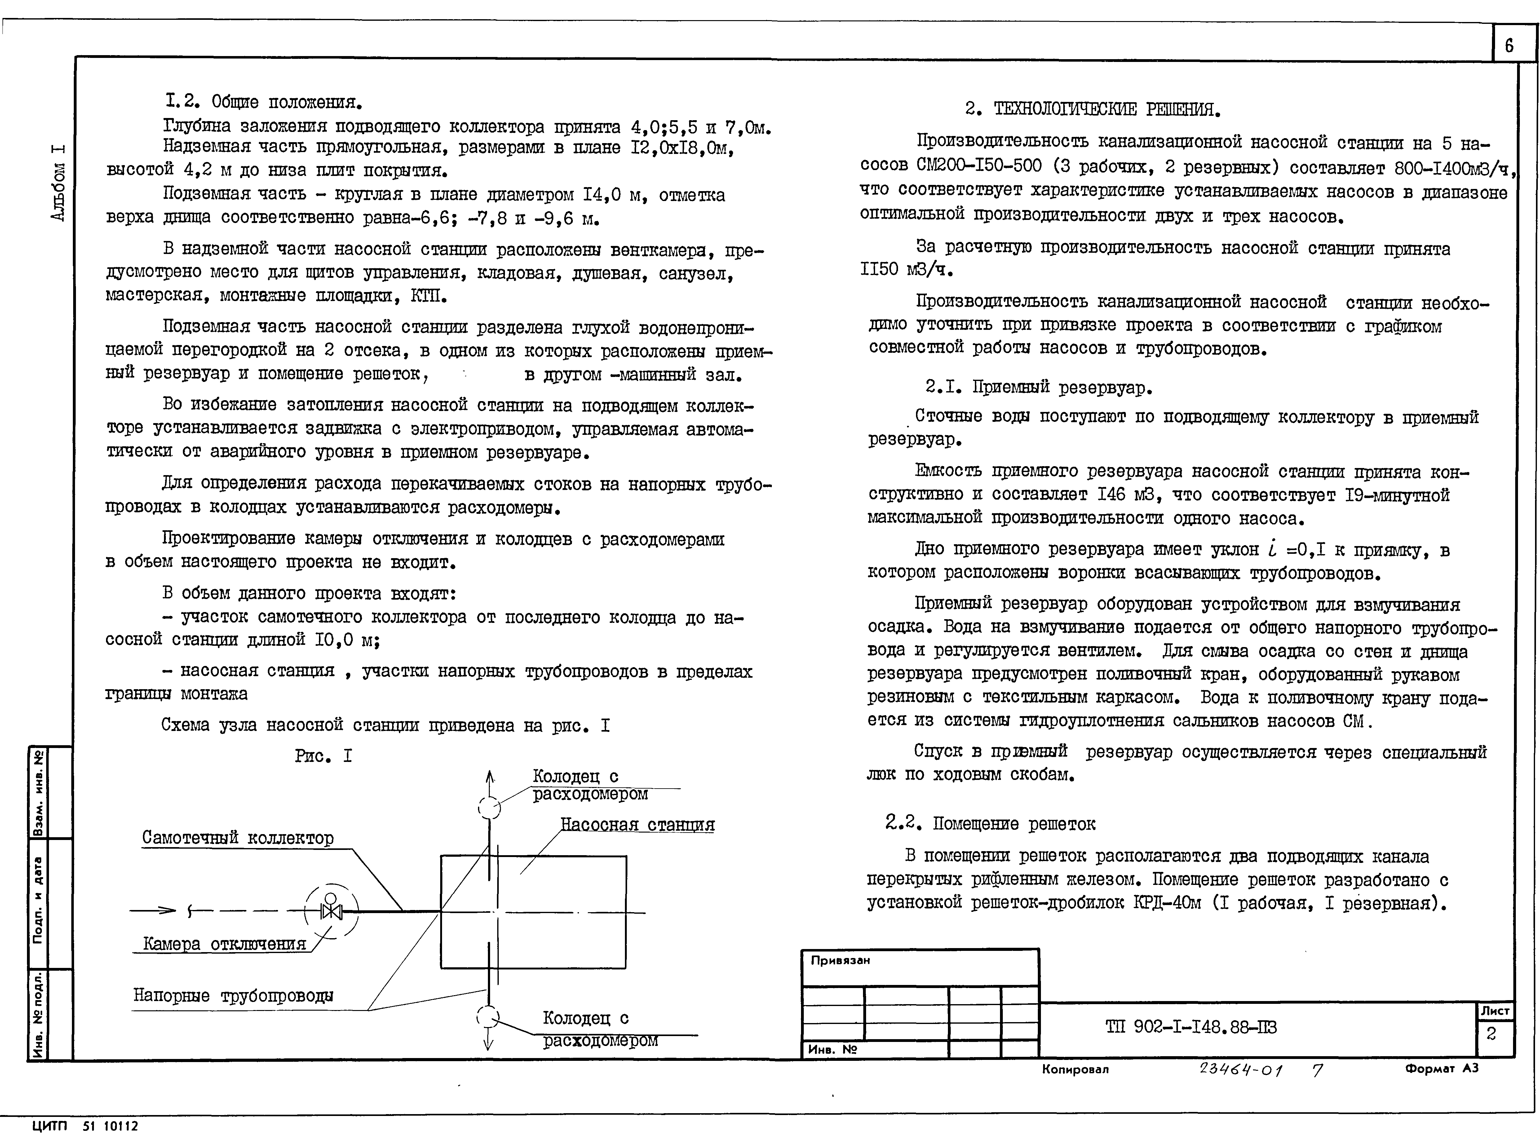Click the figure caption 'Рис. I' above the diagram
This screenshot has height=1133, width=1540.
pos(324,756)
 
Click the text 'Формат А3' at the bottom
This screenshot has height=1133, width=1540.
pos(1441,1069)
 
